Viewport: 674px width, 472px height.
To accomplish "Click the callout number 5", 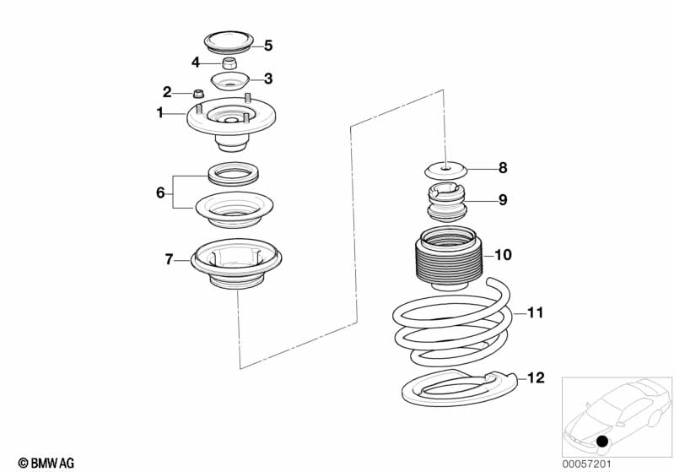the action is coord(268,46).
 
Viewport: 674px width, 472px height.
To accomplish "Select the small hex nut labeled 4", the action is coord(230,63).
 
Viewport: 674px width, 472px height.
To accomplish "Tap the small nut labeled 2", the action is coord(198,93).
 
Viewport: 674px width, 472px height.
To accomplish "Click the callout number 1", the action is coord(160,113).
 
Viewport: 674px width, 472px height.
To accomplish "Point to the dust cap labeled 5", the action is coord(229,43).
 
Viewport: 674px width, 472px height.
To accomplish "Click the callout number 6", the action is coord(160,193).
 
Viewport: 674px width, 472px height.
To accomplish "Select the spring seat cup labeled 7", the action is coord(236,263).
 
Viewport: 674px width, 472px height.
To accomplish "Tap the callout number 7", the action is coord(169,259).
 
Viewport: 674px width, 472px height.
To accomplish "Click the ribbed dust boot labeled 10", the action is coord(449,258).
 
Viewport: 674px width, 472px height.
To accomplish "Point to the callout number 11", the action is coord(536,312).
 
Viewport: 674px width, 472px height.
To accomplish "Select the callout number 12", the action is coord(536,377).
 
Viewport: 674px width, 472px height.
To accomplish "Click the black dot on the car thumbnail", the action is coord(602,441).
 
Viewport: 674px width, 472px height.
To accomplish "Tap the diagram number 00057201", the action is coord(586,464).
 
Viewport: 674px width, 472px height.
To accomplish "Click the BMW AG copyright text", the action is coord(46,463).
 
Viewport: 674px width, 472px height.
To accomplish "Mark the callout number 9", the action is coord(503,199).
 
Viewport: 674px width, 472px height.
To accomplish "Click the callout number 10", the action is coord(503,255).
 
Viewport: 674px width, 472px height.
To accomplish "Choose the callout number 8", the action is coord(503,168).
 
